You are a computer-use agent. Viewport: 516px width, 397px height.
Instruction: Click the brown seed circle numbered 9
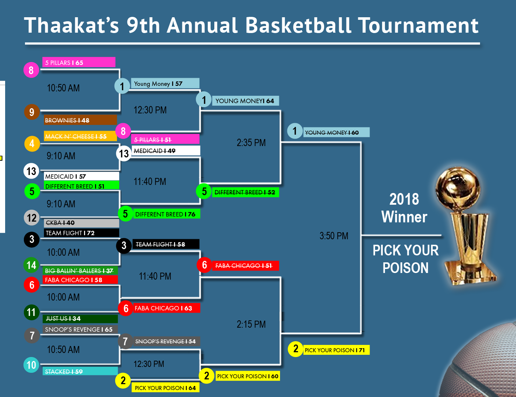[x=32, y=112]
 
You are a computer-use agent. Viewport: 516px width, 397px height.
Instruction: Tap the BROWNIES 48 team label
[x=80, y=120]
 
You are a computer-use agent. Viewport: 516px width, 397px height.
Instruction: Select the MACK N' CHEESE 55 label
[x=80, y=136]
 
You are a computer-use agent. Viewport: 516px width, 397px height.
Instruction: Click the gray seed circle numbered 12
[x=32, y=218]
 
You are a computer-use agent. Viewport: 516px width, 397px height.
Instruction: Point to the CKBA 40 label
[x=81, y=223]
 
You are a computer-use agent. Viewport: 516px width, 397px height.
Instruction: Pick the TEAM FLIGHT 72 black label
[x=81, y=233]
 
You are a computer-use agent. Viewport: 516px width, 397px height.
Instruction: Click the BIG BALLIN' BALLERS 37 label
[x=80, y=270]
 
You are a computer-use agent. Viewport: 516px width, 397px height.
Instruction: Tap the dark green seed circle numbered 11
[x=32, y=312]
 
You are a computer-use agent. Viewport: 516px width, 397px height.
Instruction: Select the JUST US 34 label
[x=80, y=318]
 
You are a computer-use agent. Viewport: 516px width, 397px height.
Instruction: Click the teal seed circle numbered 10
[x=31, y=365]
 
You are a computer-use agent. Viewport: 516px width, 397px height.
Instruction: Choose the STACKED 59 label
[x=80, y=371]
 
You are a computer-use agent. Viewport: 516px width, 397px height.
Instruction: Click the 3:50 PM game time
[x=334, y=236]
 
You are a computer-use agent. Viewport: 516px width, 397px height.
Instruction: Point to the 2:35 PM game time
[x=251, y=143]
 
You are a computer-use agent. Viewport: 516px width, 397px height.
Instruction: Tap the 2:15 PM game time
[x=251, y=324]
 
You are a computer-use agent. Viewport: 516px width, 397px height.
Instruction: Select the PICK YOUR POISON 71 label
[x=336, y=350]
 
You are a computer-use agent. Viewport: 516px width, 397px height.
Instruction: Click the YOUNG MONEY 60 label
[x=336, y=132]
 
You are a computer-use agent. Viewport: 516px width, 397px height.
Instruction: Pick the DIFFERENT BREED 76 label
[x=167, y=214]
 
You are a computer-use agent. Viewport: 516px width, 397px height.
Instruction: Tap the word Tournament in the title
[x=419, y=25]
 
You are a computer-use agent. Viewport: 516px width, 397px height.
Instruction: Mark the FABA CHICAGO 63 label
[x=167, y=308]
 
